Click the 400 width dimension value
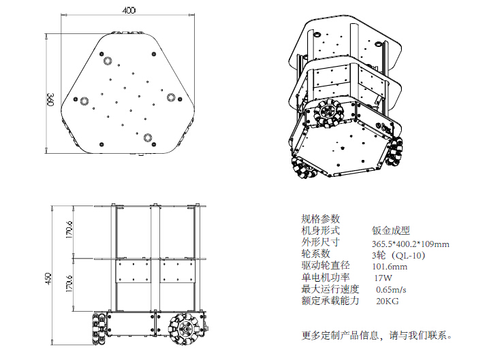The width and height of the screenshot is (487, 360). pyautogui.click(x=129, y=10)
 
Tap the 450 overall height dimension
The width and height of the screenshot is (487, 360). pyautogui.click(x=49, y=279)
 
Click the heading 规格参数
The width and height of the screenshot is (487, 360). pyautogui.click(x=320, y=219)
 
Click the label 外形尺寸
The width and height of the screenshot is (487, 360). pyautogui.click(x=320, y=243)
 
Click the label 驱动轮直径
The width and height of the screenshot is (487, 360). pyautogui.click(x=325, y=266)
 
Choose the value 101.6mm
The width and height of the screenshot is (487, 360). pyautogui.click(x=388, y=267)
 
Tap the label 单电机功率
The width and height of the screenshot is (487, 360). pyautogui.click(x=325, y=278)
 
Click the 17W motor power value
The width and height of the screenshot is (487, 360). pyautogui.click(x=383, y=278)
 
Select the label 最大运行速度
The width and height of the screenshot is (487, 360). pyautogui.click(x=330, y=289)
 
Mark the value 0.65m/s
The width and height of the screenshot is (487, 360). pyautogui.click(x=392, y=290)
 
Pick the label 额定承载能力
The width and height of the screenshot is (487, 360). pyautogui.click(x=330, y=301)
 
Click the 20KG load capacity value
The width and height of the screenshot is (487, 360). pyautogui.click(x=387, y=301)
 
